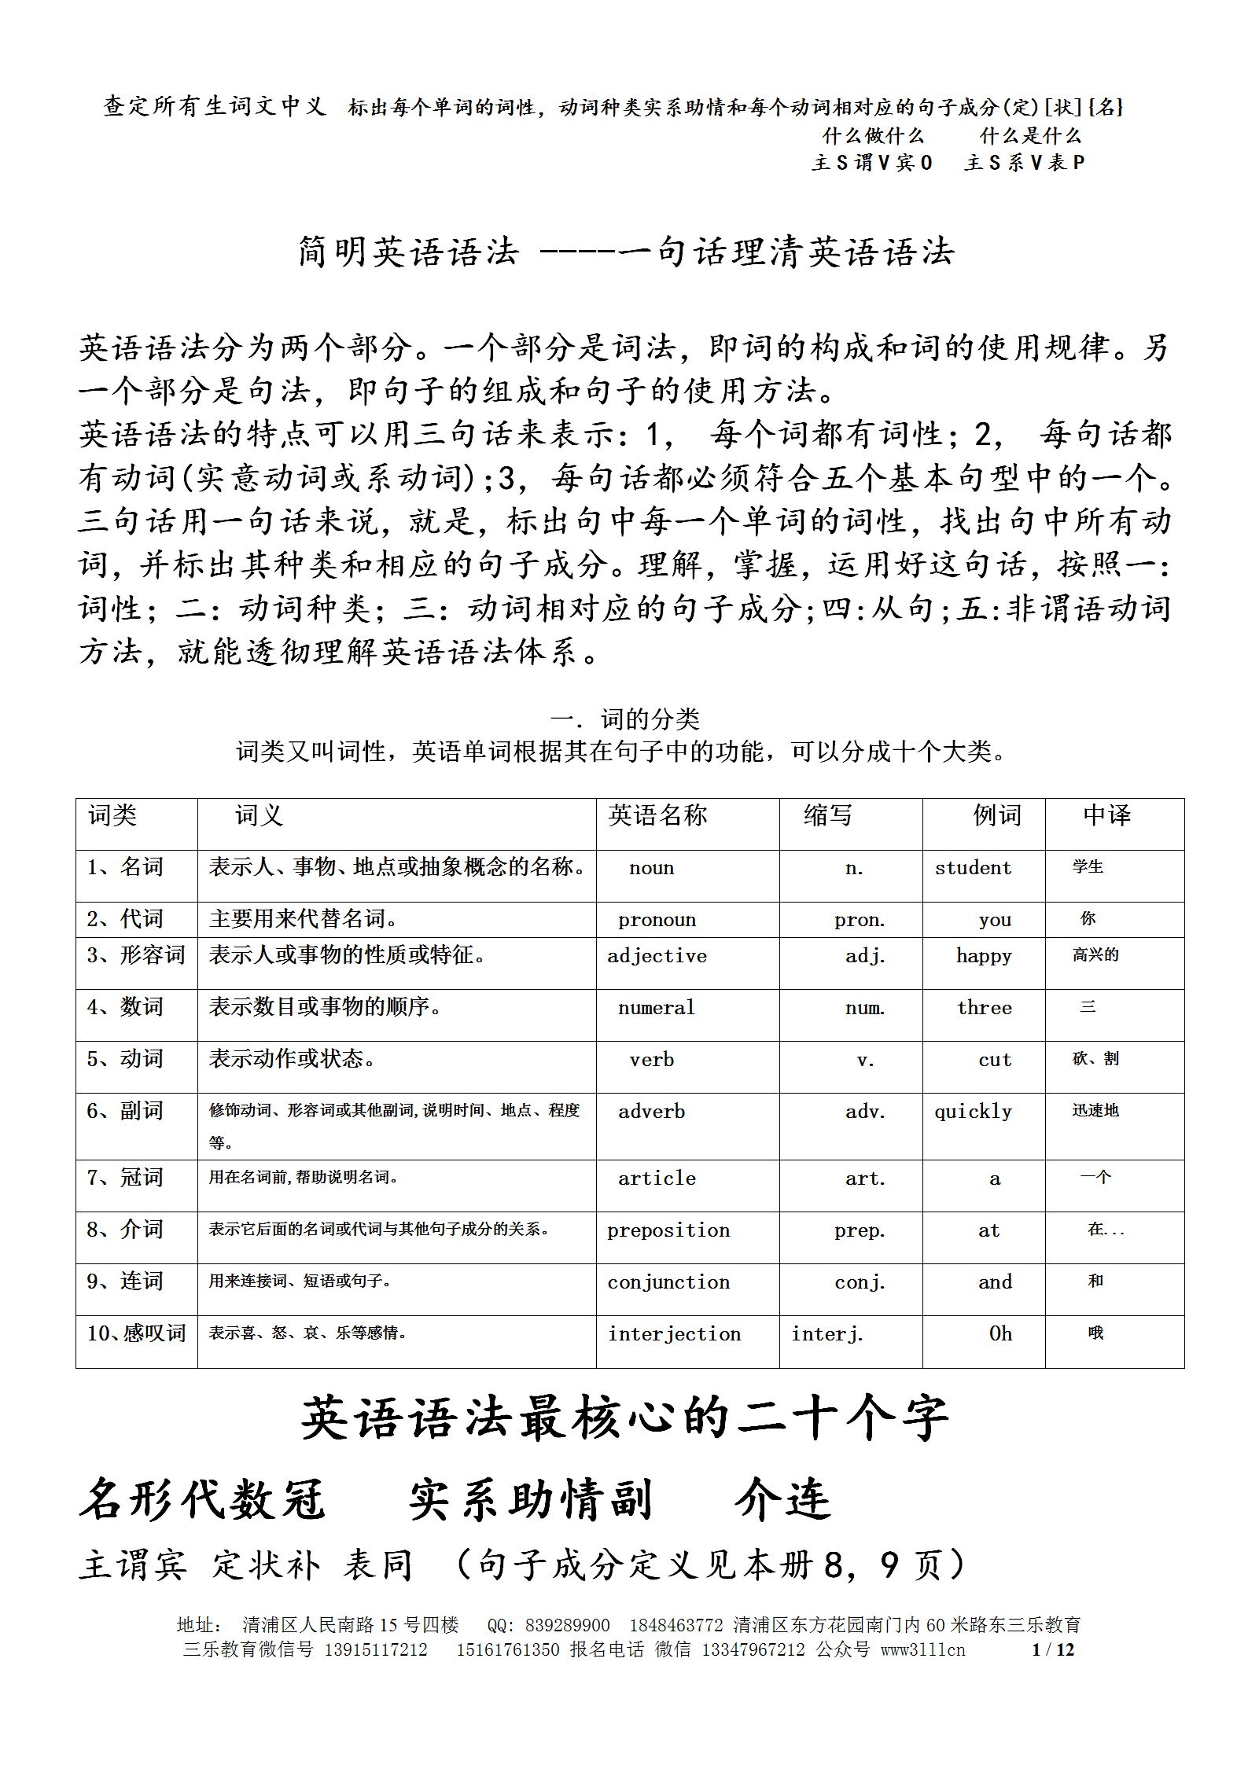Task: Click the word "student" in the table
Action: click(973, 868)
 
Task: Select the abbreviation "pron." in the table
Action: click(860, 920)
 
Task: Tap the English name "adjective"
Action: click(657, 956)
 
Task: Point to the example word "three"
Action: click(984, 1008)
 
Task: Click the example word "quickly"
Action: click(973, 1112)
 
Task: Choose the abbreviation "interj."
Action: click(826, 1334)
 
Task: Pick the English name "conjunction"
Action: click(668, 1282)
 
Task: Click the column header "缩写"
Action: click(827, 815)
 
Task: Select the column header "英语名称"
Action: click(657, 815)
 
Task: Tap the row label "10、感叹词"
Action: click(136, 1333)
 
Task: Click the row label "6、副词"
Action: click(125, 1111)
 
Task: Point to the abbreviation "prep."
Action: click(860, 1230)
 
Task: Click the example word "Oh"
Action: click(1000, 1334)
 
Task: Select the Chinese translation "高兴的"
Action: click(1095, 955)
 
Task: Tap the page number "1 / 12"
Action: click(1053, 1649)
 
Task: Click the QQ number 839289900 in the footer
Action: click(567, 1625)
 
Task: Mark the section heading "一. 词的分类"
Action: click(624, 719)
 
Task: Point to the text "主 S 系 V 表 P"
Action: click(1025, 163)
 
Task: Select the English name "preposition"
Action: click(668, 1230)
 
